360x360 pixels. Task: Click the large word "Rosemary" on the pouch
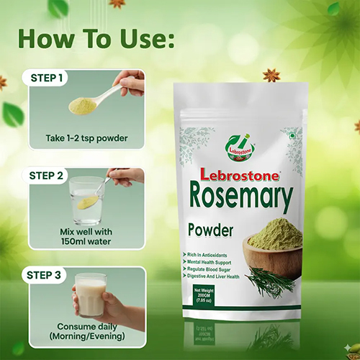point(241,197)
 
